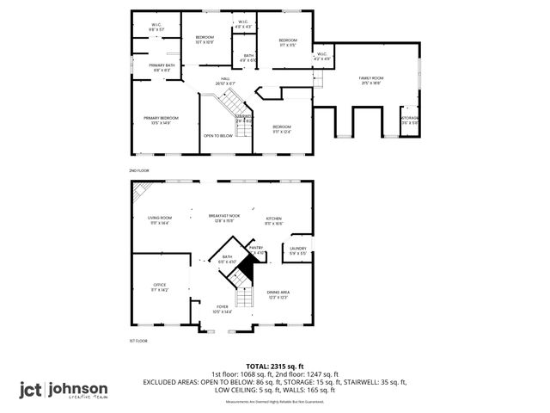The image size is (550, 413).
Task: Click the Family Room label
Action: (370, 80)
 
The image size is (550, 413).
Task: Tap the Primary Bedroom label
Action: (160, 120)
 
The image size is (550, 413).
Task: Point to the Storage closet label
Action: (409, 120)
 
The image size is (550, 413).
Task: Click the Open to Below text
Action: (218, 135)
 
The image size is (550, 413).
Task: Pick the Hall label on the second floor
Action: (225, 80)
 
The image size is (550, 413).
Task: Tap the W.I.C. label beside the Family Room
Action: (321, 56)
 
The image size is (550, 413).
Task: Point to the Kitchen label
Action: (273, 219)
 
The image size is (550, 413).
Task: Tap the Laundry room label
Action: (297, 250)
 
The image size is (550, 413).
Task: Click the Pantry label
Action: (256, 249)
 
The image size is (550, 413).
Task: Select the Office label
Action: (160, 287)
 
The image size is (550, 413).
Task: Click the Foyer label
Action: (223, 308)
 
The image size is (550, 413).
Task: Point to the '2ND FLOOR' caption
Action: (138, 171)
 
